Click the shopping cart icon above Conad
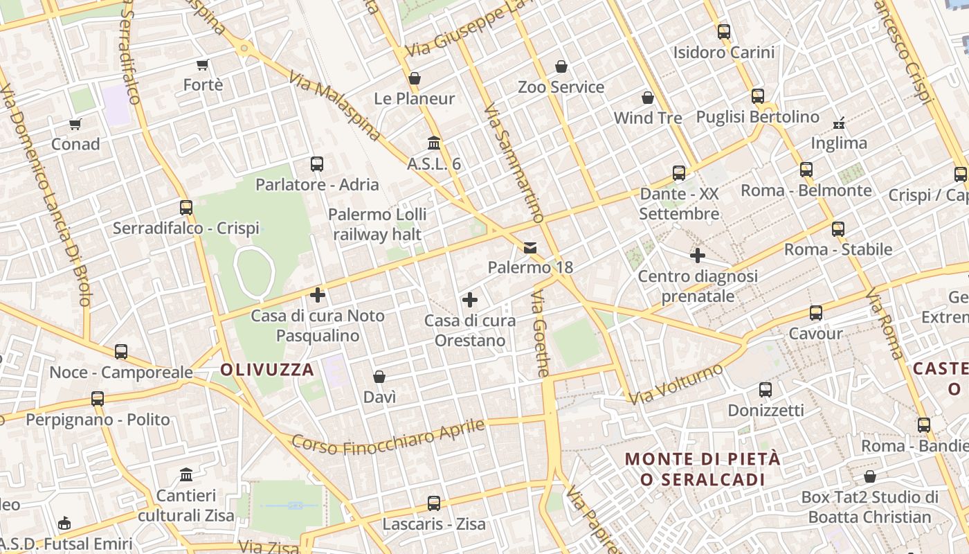(x=75, y=125)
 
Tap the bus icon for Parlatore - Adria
(x=317, y=164)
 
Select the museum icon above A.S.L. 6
(x=434, y=143)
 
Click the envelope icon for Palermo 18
(x=530, y=247)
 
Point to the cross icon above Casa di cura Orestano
(x=470, y=300)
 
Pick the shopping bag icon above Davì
(x=379, y=377)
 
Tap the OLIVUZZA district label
(x=267, y=370)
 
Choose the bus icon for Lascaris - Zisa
(x=434, y=503)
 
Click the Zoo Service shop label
(x=561, y=87)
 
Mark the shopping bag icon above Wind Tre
(x=648, y=98)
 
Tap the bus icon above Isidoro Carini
(x=724, y=32)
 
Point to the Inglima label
(x=839, y=143)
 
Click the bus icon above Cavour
(x=816, y=313)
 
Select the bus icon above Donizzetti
(x=766, y=390)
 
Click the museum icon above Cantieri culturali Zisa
(x=186, y=475)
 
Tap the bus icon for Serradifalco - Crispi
(x=186, y=208)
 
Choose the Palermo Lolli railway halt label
(x=377, y=224)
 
